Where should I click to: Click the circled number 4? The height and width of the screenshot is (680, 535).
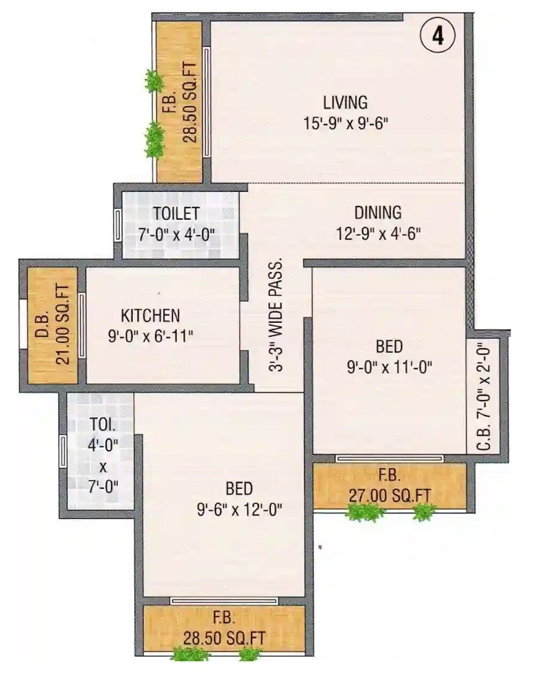pos(438,37)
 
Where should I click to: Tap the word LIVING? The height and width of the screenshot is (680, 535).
pos(345,102)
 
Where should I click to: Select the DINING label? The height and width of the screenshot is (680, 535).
pos(378,213)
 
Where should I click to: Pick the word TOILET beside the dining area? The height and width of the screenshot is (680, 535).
pos(176,213)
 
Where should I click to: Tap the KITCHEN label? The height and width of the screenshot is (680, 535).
pos(150,315)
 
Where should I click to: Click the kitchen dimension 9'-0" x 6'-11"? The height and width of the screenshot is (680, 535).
pos(150,336)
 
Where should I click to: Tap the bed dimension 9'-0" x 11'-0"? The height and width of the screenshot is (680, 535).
pos(389,367)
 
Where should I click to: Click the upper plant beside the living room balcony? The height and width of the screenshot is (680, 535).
pos(155,81)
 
